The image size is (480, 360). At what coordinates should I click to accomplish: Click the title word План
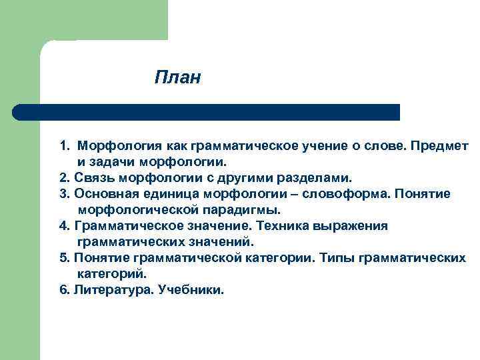(x=177, y=78)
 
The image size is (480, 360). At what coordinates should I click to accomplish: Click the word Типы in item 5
(x=334, y=258)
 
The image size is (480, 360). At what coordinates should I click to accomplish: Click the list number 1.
(x=63, y=145)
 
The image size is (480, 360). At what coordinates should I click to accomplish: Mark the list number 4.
(x=63, y=226)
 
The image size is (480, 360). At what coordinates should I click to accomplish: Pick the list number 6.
(x=63, y=290)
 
